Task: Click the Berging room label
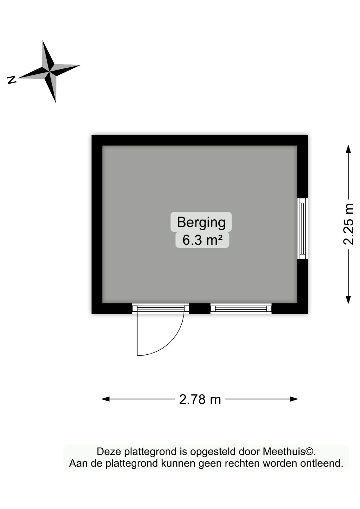point(201,222)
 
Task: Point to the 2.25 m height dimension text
point(348,224)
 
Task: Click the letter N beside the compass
point(12,80)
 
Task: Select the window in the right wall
point(303,229)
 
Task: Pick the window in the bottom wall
point(241,308)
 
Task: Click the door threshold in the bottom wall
point(161,308)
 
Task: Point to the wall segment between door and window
point(200,308)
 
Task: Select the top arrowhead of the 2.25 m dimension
point(348,149)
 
